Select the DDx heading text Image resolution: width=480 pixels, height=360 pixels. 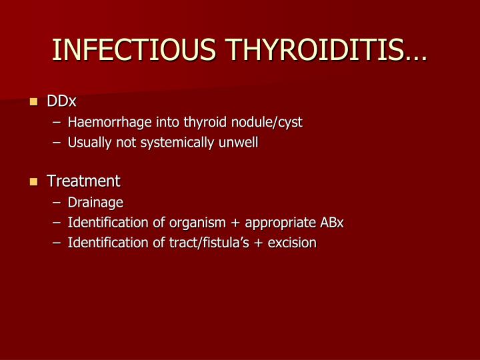[x=61, y=102]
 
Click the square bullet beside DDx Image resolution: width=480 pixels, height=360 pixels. [x=34, y=103]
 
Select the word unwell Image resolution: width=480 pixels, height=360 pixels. [x=238, y=143]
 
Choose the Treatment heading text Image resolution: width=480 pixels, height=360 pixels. [x=83, y=181]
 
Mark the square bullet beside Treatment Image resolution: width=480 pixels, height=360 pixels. [x=34, y=182]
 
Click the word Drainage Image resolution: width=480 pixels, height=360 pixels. [x=95, y=203]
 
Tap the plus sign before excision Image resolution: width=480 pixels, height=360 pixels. [x=262, y=243]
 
